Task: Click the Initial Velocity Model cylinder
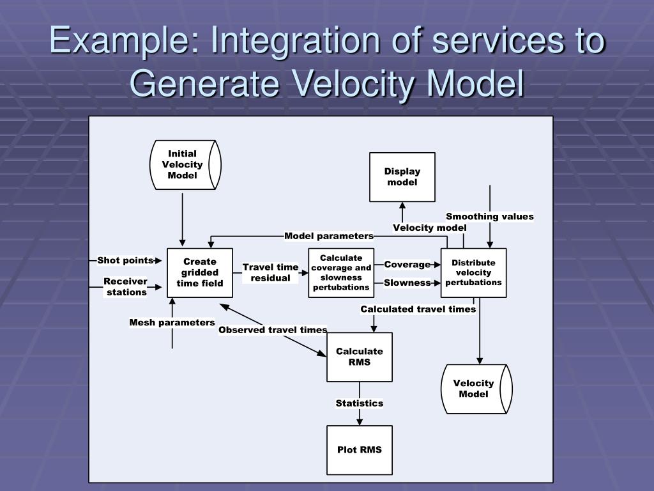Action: click(185, 165)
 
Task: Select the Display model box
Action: click(402, 177)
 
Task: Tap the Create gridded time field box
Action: click(200, 272)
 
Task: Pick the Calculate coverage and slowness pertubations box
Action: click(341, 272)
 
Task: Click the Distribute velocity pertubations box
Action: click(473, 272)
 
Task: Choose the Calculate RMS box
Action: click(360, 357)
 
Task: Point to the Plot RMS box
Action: click(360, 449)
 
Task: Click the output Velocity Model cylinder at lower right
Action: click(476, 389)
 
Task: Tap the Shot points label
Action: click(125, 260)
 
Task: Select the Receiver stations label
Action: click(126, 287)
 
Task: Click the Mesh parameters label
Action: click(172, 322)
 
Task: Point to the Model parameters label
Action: click(329, 236)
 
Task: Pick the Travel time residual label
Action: click(270, 272)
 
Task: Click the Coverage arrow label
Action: click(407, 265)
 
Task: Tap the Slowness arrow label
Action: click(407, 283)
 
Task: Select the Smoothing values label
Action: click(490, 217)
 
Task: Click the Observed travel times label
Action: click(273, 330)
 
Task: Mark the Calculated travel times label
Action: click(418, 309)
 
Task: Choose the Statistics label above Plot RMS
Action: click(360, 403)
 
